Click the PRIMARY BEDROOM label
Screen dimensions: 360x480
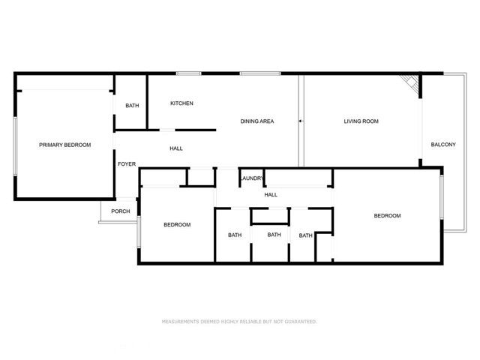64,145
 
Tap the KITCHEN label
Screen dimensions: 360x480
182,103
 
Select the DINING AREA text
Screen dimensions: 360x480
256,121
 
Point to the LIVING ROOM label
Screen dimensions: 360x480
361,121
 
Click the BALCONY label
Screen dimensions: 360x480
442,145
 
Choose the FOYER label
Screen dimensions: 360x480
126,163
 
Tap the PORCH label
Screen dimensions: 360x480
121,211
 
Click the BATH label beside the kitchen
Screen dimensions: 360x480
132,106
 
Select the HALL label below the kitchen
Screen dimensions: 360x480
176,148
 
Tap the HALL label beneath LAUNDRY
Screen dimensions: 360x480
271,195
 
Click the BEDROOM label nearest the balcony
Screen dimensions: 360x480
387,216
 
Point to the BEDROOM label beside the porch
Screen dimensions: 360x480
177,225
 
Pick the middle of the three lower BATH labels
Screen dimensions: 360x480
274,235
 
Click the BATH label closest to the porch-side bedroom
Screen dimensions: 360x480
235,235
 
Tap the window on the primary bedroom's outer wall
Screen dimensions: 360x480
16,145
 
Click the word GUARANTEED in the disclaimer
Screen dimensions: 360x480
301,322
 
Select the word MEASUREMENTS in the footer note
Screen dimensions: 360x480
179,322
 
